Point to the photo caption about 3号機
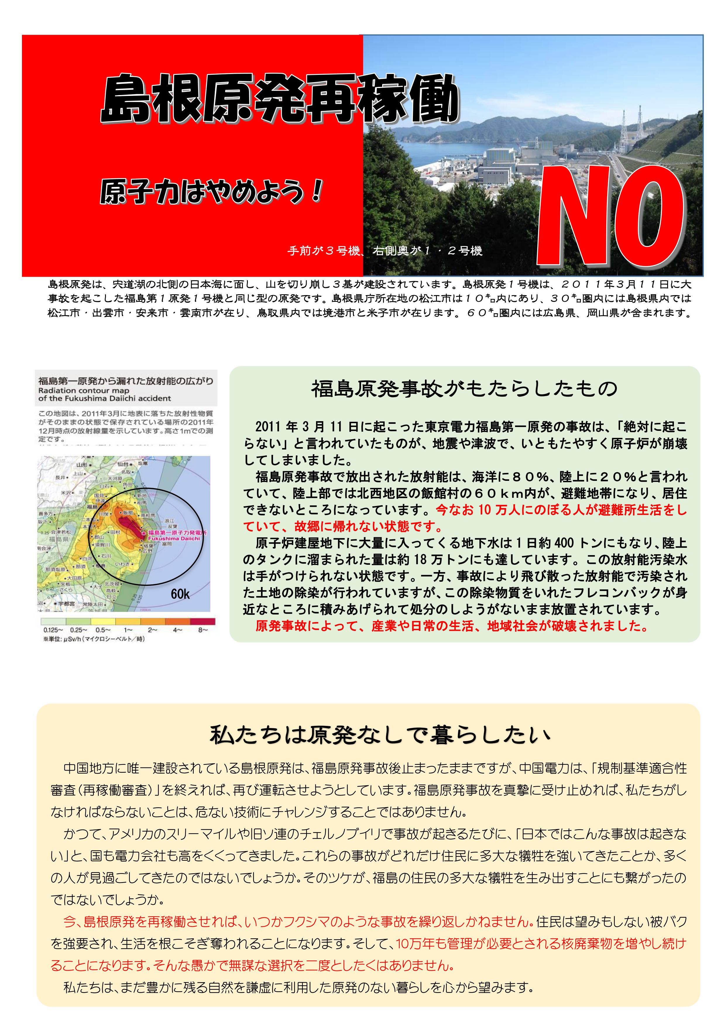coord(385,251)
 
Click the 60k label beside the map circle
coord(180,594)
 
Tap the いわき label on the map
coord(122,564)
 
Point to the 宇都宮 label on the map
coord(66,604)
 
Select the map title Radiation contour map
coord(84,390)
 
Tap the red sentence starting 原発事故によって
coord(452,626)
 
